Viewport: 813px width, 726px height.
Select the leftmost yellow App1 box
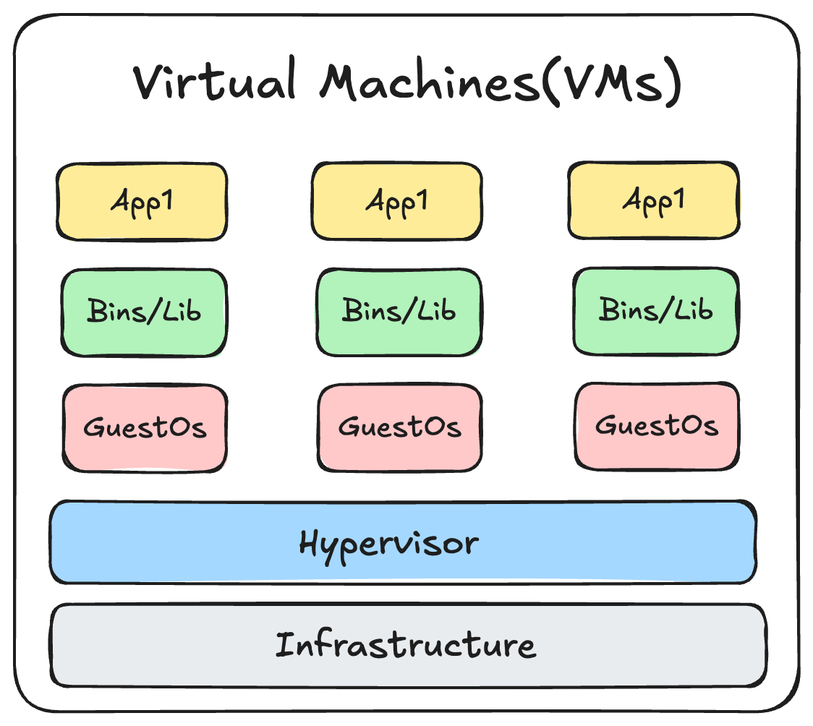coord(142,202)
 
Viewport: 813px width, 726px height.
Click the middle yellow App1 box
coord(396,200)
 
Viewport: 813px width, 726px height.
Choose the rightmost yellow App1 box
coord(653,200)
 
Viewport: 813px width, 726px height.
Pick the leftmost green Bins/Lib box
coord(144,312)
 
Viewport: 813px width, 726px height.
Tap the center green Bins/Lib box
coord(399,312)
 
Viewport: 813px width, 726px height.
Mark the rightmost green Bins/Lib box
coord(655,312)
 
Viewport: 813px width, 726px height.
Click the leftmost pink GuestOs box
coord(145,427)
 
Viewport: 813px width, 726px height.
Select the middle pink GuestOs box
coord(399,427)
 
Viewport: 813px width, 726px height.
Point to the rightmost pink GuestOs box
coord(657,426)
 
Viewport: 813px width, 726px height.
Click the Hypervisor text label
coord(388,543)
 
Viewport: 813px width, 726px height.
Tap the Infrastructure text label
coord(406,644)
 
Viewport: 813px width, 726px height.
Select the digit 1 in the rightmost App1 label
coord(678,199)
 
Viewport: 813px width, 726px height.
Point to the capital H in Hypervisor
coord(310,542)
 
